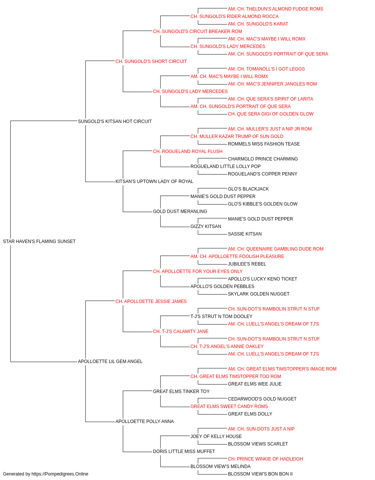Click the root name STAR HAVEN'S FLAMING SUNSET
(x=39, y=241)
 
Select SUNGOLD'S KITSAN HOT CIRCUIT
(x=115, y=121)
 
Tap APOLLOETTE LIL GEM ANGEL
(x=110, y=361)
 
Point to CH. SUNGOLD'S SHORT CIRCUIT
(x=151, y=61)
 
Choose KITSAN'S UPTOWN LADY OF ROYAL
(x=154, y=181)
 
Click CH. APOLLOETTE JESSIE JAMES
(x=151, y=301)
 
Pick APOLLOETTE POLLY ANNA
(x=145, y=421)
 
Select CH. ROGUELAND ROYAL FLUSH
(x=188, y=151)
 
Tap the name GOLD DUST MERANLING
(x=180, y=211)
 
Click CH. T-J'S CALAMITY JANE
(x=181, y=331)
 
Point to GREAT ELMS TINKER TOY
(x=181, y=391)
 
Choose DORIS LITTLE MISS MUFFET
(x=184, y=451)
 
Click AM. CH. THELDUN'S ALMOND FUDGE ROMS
(x=275, y=9)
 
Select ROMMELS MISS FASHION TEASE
(x=264, y=144)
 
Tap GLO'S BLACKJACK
(x=248, y=189)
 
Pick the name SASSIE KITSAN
(x=245, y=234)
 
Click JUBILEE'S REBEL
(x=247, y=264)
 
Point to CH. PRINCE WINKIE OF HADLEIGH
(x=265, y=459)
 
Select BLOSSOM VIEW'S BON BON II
(x=260, y=474)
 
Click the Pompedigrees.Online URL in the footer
(x=60, y=474)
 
